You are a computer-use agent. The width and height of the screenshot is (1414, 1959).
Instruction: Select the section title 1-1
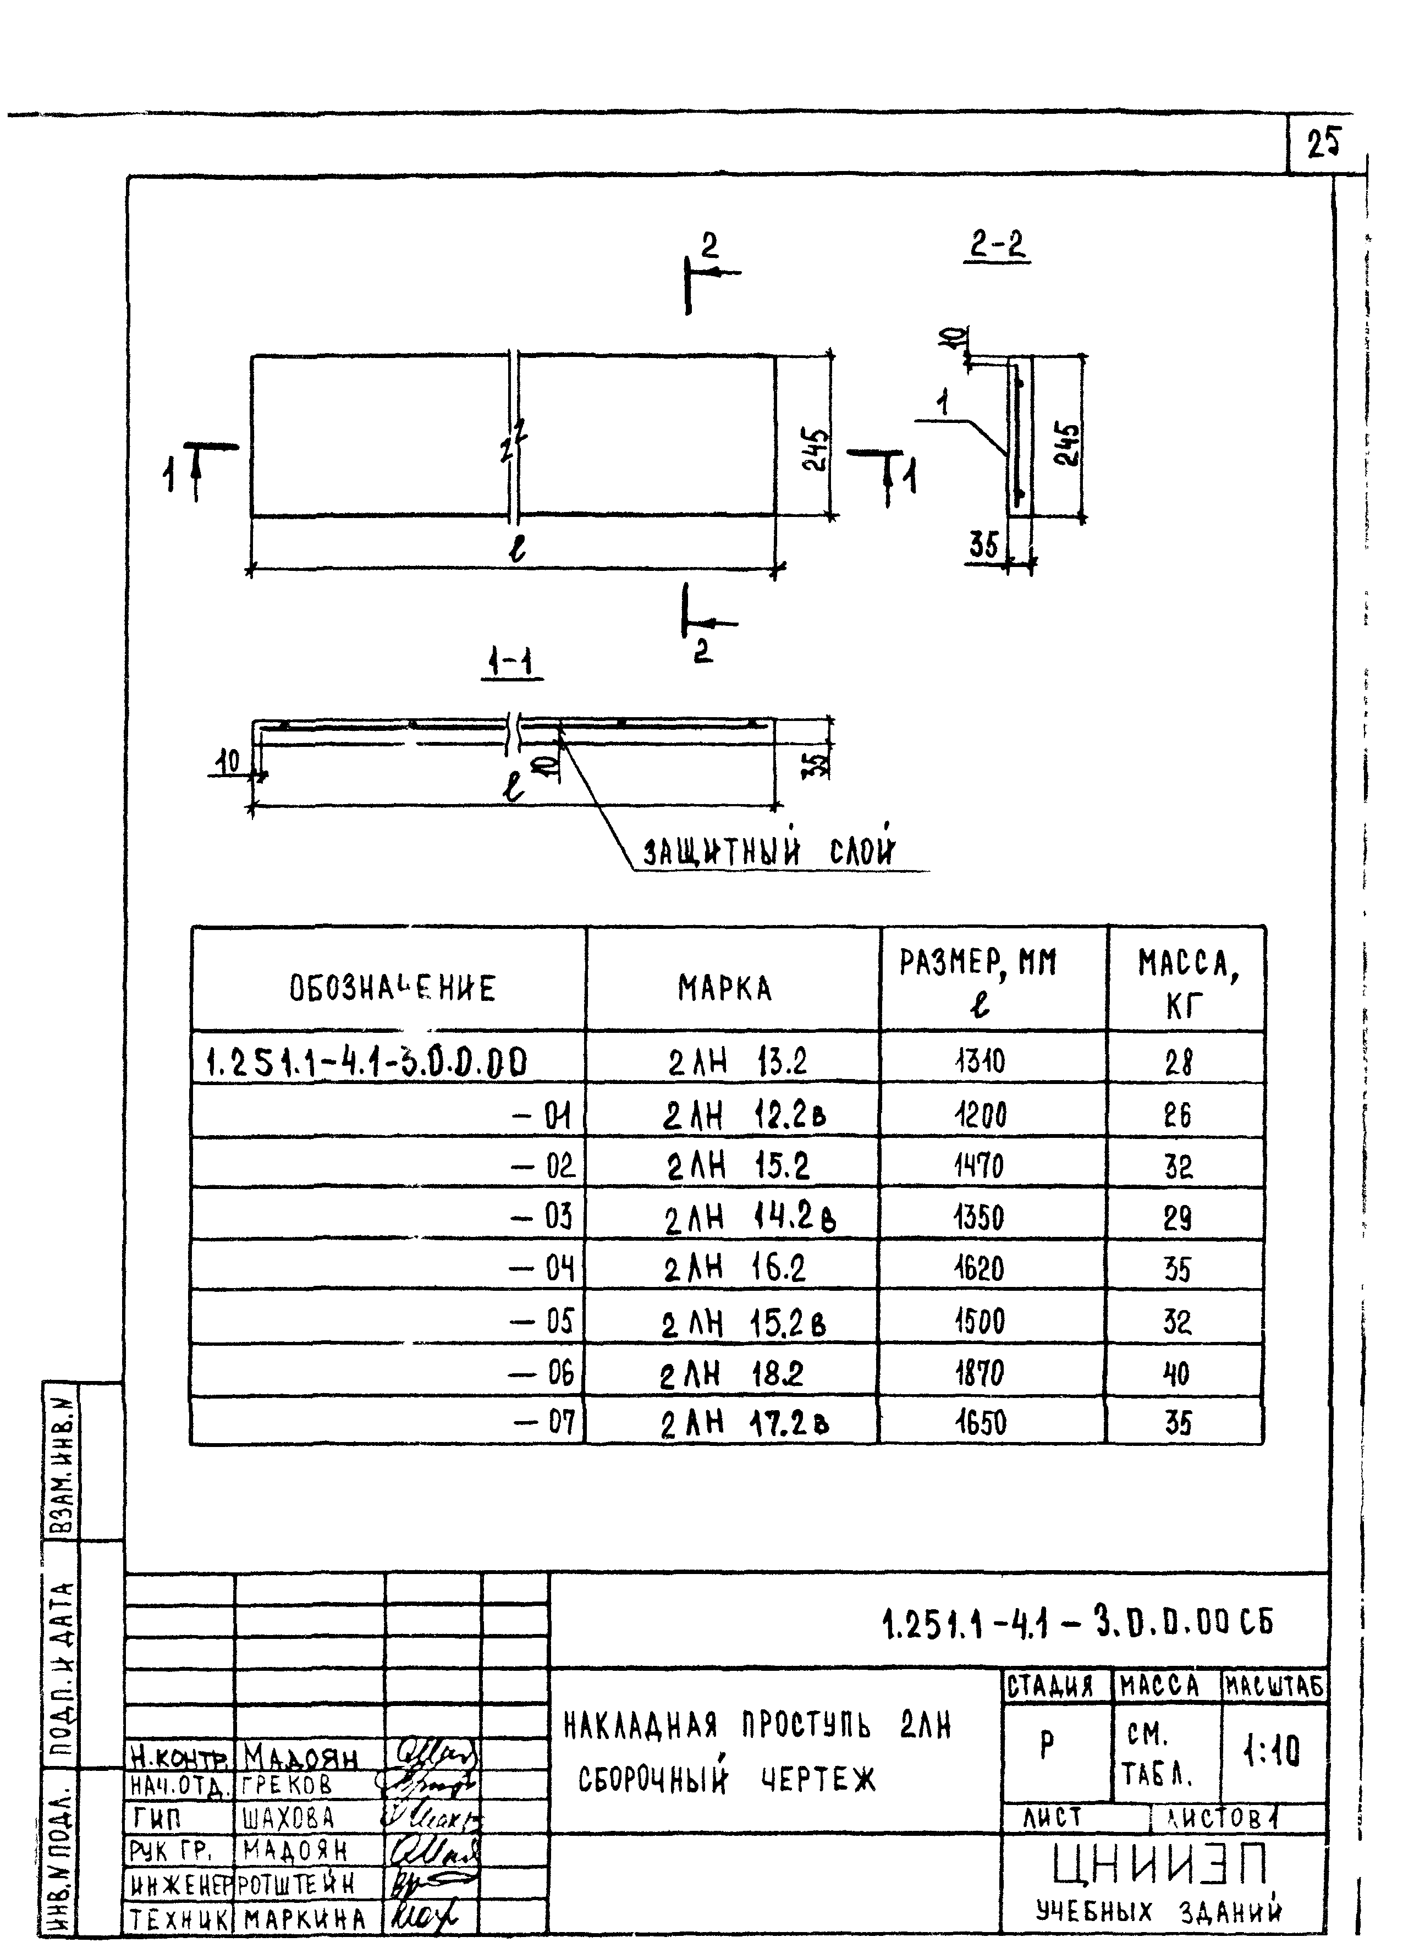point(510,663)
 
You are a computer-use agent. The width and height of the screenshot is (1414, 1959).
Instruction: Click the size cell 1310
point(981,1061)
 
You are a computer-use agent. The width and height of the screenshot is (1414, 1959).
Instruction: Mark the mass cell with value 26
point(1176,1116)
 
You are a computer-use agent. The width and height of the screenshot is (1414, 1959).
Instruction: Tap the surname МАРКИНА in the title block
point(305,1919)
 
